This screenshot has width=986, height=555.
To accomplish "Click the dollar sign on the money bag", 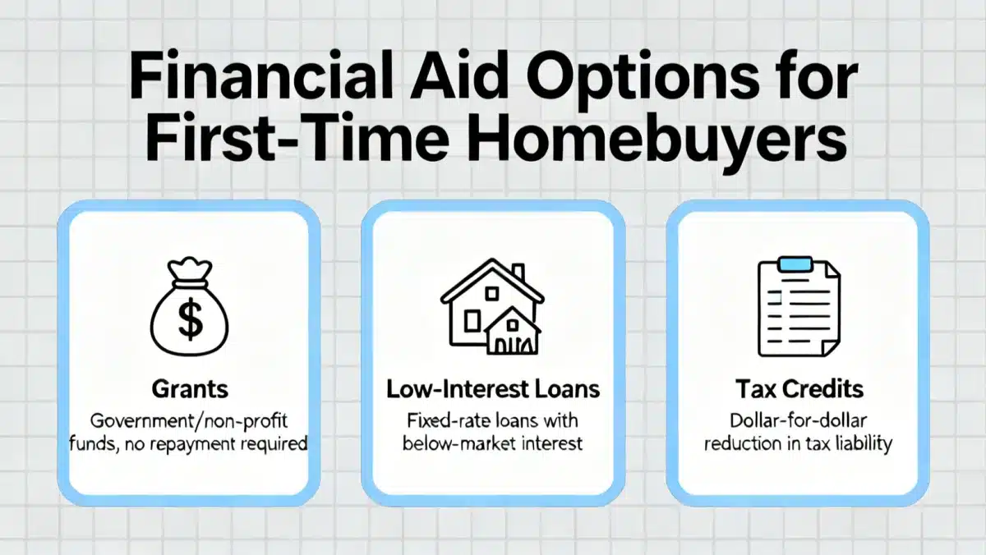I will tap(190, 321).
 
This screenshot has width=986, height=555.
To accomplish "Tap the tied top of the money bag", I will tap(190, 270).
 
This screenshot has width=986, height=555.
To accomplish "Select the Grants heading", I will tap(190, 390).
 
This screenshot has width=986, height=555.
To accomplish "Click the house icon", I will tap(492, 308).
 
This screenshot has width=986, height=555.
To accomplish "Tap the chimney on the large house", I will tap(518, 273).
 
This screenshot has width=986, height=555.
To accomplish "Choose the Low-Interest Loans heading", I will tap(492, 390).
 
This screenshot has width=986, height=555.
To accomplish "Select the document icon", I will tap(795, 308).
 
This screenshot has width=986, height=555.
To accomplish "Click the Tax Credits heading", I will tap(795, 390).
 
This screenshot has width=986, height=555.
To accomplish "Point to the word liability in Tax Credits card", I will tap(864, 444).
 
